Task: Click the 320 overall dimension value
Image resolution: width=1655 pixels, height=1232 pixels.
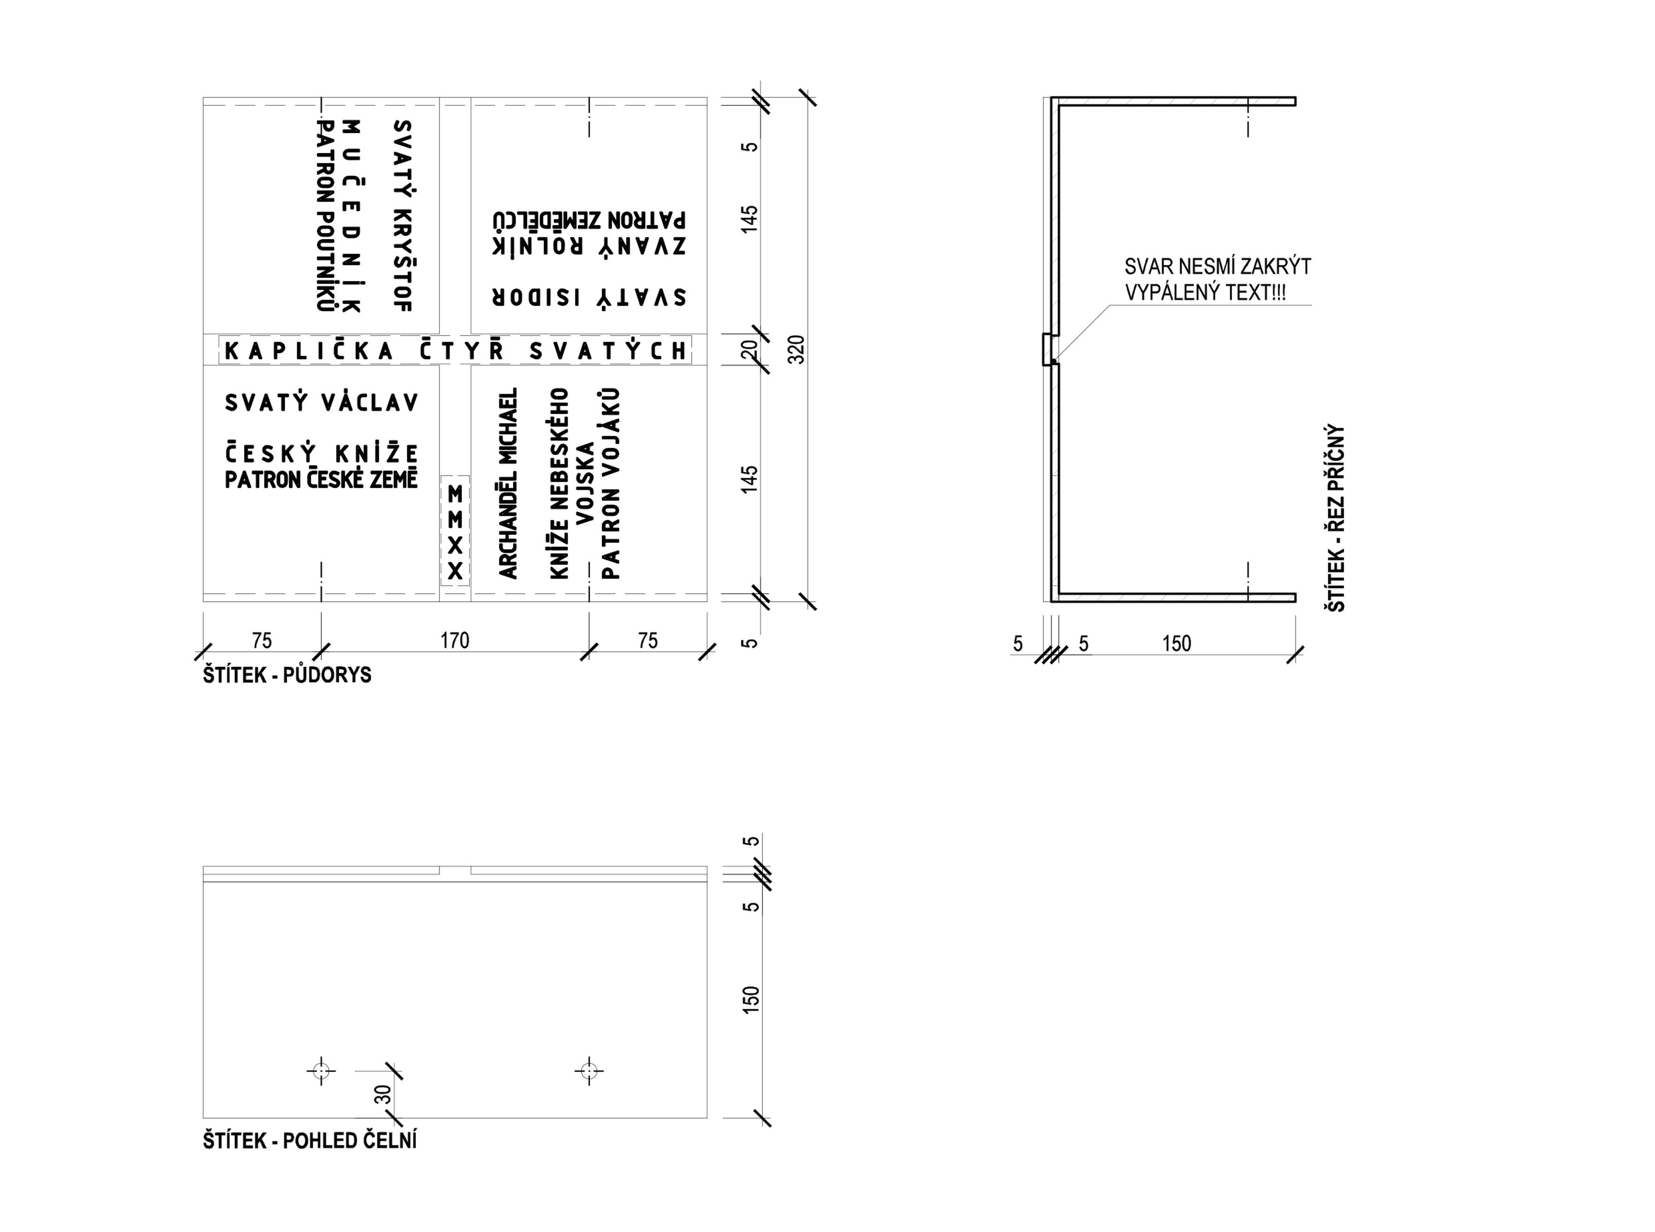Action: coord(796,350)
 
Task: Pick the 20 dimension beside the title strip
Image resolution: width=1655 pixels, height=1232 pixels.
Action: coord(750,349)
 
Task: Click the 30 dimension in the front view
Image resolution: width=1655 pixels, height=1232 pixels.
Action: coord(382,1094)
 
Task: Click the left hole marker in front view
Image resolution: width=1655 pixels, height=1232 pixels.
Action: coord(322,1071)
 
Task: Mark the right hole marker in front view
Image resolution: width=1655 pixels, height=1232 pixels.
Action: coord(589,1071)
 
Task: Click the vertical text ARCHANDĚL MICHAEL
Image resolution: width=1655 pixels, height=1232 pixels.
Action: coord(508,483)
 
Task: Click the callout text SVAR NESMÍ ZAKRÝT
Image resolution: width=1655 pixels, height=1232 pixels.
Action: coord(1217,266)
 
